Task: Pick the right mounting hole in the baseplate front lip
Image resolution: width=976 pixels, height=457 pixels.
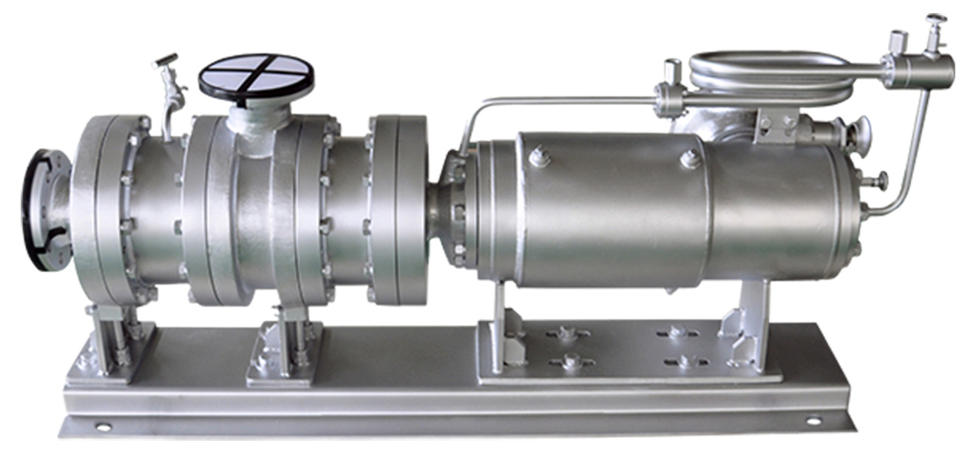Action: (x=813, y=421)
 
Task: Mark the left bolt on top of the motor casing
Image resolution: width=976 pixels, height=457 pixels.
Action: (x=538, y=156)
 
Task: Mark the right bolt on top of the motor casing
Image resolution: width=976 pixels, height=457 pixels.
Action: (x=688, y=157)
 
